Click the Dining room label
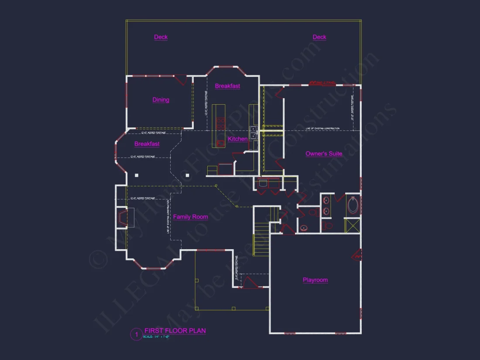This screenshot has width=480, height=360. tap(161, 100)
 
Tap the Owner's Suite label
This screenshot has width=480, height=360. tap(324, 154)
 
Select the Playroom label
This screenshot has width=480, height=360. tap(315, 280)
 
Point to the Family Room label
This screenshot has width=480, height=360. tap(190, 217)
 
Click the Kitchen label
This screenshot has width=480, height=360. tap(238, 139)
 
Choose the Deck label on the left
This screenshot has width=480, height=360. tap(161, 37)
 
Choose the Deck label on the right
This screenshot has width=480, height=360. tap(319, 37)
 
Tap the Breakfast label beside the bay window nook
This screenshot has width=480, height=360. tap(147, 144)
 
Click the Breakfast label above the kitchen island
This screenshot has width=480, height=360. tap(227, 86)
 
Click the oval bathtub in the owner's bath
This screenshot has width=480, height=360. tap(353, 205)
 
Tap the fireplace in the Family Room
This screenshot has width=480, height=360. tap(122, 218)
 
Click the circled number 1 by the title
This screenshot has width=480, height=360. tap(136, 335)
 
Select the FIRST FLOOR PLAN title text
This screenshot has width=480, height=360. tap(175, 331)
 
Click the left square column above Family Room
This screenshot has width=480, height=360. tap(137, 175)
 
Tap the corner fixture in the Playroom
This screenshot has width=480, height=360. tap(357, 255)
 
